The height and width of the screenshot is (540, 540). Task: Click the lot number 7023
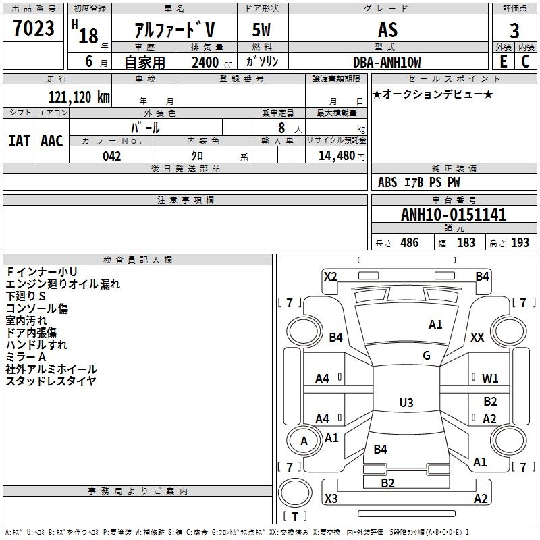tap(34, 29)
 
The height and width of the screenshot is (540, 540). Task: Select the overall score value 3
tap(514, 31)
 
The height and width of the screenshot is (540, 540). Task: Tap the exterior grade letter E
tap(503, 61)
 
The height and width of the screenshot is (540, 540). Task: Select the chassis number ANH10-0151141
tap(453, 215)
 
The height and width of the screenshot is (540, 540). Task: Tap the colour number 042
tap(112, 156)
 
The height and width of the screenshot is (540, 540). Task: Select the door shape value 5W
tap(263, 30)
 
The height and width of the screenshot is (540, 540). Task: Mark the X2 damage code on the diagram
tap(331, 276)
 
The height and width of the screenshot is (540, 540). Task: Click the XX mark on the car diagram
tap(477, 337)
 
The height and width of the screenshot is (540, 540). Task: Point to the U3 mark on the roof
tap(406, 403)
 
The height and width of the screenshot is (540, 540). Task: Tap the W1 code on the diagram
tap(491, 378)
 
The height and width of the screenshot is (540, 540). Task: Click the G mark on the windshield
tap(427, 356)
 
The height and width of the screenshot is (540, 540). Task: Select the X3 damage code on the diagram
tap(331, 499)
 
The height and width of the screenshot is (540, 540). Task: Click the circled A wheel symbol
tap(304, 441)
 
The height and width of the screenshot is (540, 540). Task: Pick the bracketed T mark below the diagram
tap(295, 516)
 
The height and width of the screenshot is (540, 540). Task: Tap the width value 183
tap(466, 243)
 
